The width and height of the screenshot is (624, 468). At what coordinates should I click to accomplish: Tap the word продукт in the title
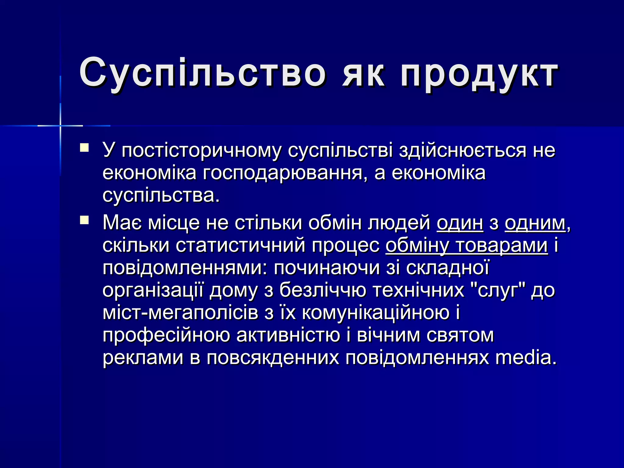point(479,75)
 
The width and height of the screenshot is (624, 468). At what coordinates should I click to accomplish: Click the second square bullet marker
point(84,220)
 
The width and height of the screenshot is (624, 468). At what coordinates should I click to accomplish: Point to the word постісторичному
point(201,151)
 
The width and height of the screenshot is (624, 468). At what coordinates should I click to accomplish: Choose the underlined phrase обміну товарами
point(467,246)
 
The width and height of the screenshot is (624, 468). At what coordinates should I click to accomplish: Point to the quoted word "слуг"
point(498,290)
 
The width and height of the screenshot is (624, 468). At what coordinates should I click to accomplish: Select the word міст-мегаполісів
point(180,313)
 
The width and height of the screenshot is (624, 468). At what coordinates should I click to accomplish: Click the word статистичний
point(241,246)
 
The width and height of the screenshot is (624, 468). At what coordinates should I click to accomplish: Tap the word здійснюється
point(463,151)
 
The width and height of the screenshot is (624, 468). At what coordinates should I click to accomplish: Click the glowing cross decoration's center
point(60,126)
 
